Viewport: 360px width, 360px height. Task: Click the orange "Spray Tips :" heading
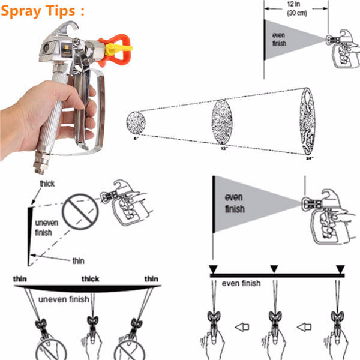pyautogui.click(x=43, y=11)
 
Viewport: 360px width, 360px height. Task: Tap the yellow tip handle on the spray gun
pyautogui.click(x=118, y=49)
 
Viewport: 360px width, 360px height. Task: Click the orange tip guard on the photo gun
pyautogui.click(x=115, y=49)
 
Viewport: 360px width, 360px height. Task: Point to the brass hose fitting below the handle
pyautogui.click(x=41, y=163)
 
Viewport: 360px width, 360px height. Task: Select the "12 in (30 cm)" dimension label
pyautogui.click(x=296, y=8)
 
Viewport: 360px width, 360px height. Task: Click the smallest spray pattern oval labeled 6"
pyautogui.click(x=136, y=123)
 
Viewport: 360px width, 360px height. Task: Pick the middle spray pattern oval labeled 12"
pyautogui.click(x=222, y=122)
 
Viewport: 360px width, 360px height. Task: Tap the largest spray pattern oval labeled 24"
pyautogui.click(x=307, y=121)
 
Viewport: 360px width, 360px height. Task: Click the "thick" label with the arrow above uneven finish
pyautogui.click(x=47, y=184)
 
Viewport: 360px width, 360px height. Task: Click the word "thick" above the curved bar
pyautogui.click(x=90, y=279)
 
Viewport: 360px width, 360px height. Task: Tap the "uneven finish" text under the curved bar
pyautogui.click(x=64, y=299)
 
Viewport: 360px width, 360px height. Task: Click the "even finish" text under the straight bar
pyautogui.click(x=241, y=283)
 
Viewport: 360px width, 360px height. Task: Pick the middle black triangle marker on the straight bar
pyautogui.click(x=274, y=269)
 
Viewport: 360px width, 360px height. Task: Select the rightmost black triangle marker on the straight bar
pyautogui.click(x=340, y=269)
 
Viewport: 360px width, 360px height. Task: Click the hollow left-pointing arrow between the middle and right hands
pyautogui.click(x=304, y=327)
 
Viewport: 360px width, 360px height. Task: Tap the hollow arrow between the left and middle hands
pyautogui.click(x=242, y=327)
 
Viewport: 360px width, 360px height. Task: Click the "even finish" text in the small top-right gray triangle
pyautogui.click(x=279, y=39)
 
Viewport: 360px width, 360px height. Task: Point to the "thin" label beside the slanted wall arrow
pyautogui.click(x=78, y=261)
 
